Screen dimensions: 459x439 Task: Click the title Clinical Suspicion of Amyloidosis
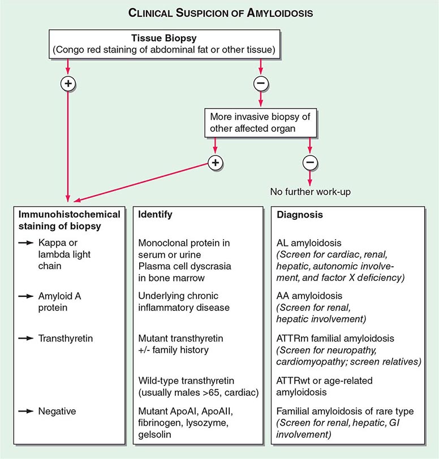(219, 11)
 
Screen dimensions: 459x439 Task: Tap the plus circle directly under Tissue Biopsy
(68, 84)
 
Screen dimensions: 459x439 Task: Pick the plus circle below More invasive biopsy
(216, 162)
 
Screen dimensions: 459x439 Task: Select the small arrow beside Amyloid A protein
(26, 297)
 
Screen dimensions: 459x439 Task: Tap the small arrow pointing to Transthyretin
(26, 339)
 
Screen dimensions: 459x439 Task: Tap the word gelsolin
(154, 434)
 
